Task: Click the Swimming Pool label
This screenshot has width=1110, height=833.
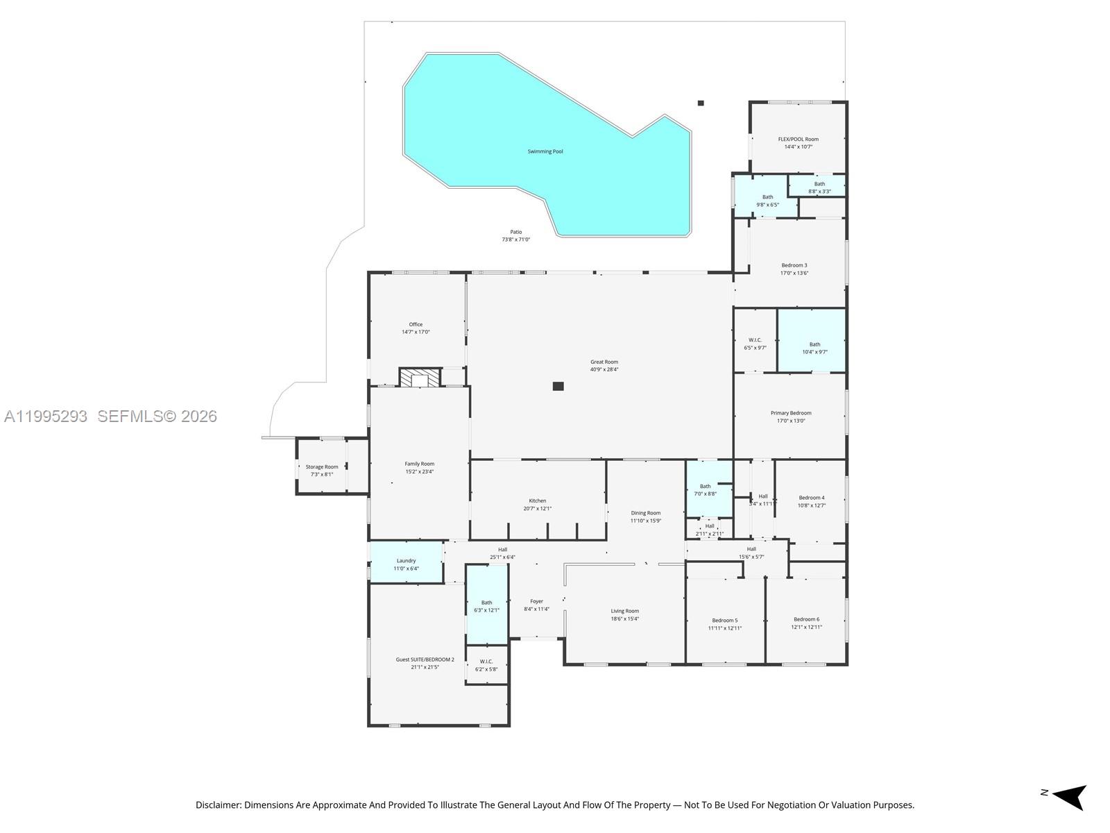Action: pos(545,151)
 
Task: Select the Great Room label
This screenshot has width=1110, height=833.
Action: pos(604,362)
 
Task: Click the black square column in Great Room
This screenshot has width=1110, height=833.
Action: pos(558,386)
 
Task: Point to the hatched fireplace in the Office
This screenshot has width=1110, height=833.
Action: pos(419,378)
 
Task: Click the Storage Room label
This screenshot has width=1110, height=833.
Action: pos(322,466)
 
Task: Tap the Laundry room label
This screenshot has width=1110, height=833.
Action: pos(406,560)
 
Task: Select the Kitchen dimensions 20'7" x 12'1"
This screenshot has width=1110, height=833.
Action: pos(537,508)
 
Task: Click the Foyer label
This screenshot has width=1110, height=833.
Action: pos(536,601)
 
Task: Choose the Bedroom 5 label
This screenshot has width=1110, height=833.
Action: pos(724,620)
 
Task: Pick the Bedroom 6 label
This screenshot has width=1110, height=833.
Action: pos(806,619)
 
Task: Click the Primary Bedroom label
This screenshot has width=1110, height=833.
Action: pos(790,413)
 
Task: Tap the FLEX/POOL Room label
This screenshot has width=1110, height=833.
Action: pos(798,139)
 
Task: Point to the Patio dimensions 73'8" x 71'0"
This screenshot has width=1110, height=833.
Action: pos(515,239)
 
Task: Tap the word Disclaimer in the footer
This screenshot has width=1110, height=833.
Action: pos(218,805)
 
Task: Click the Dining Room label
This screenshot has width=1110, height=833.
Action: pos(645,513)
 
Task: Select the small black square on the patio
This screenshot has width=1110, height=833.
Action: pos(701,103)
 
